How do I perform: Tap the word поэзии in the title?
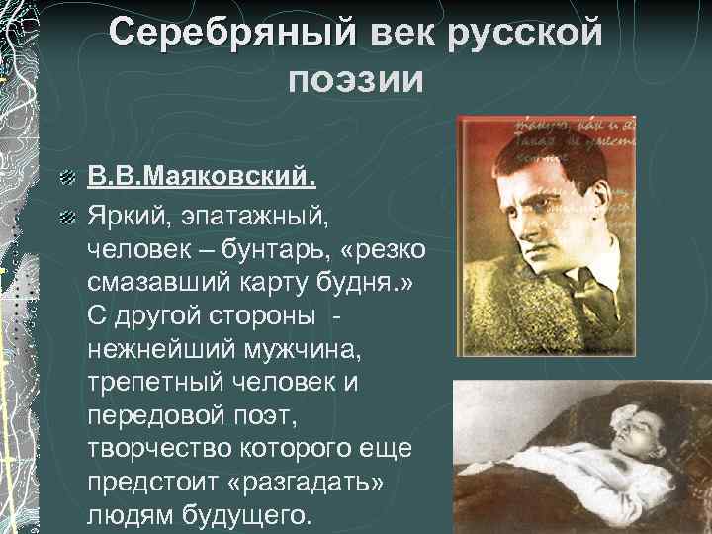(x=356, y=78)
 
